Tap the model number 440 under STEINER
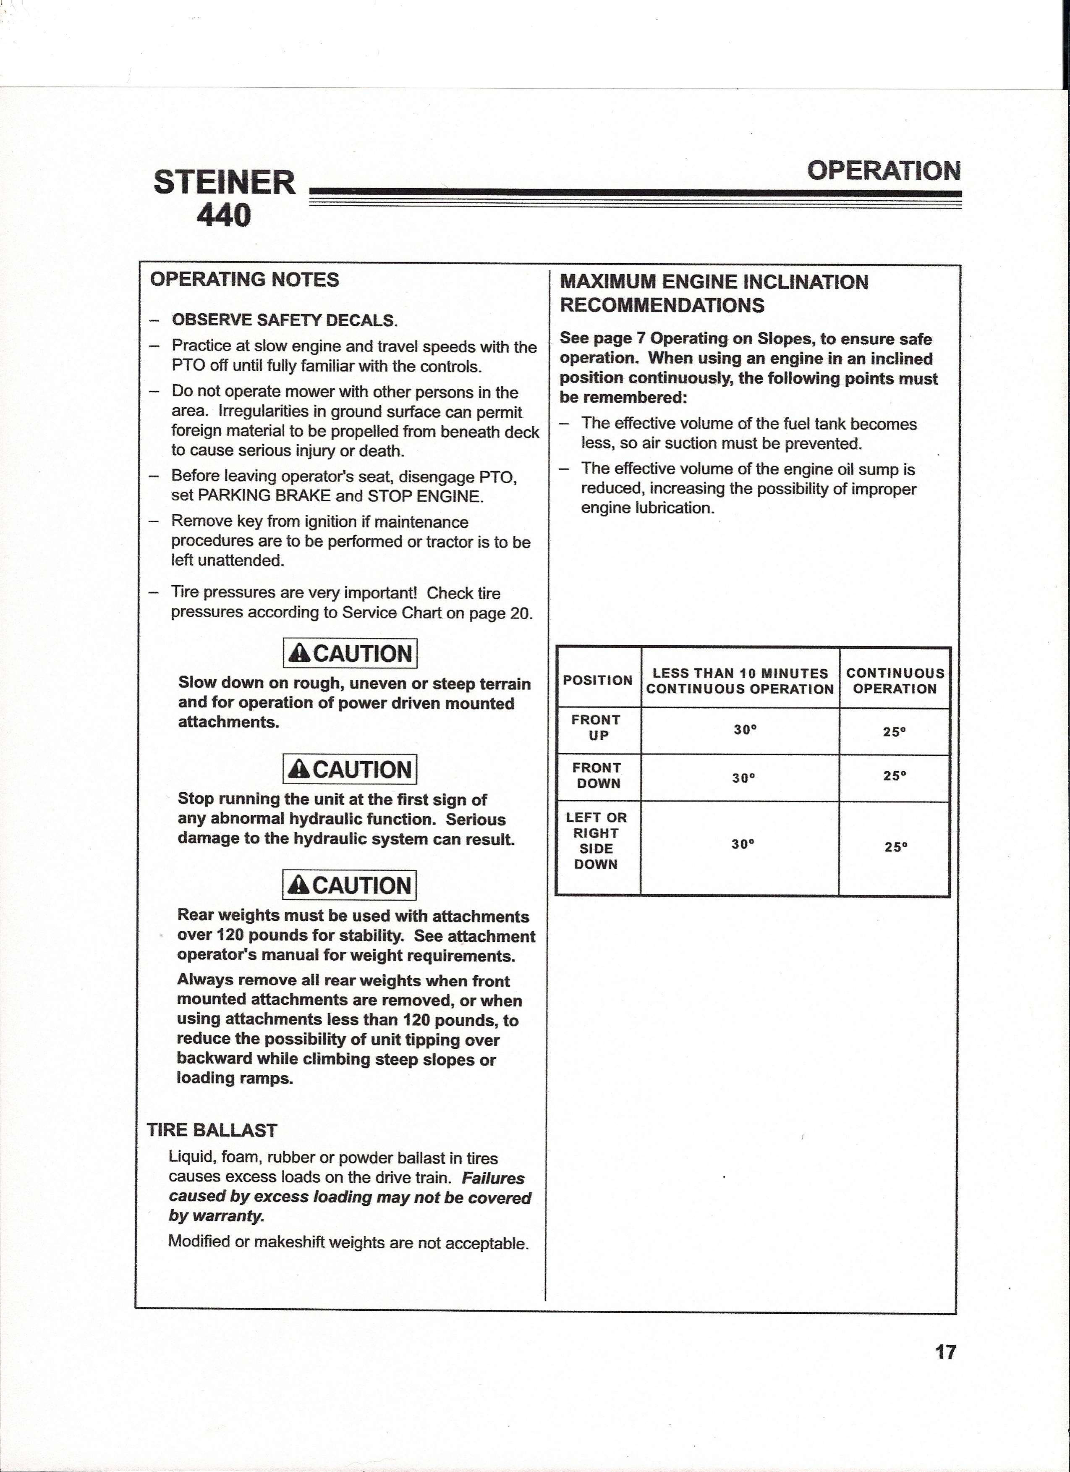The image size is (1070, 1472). (x=224, y=215)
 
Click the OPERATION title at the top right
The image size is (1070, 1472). (x=884, y=171)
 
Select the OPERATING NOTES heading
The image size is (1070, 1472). (x=245, y=280)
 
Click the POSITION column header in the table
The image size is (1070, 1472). (x=598, y=680)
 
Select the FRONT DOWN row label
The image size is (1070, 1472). (x=597, y=775)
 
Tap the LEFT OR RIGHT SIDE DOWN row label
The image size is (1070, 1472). (x=596, y=841)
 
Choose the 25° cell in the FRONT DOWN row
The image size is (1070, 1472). (x=894, y=775)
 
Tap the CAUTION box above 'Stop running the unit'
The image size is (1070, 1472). (x=350, y=770)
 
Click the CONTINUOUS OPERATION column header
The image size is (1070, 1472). (x=895, y=681)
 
